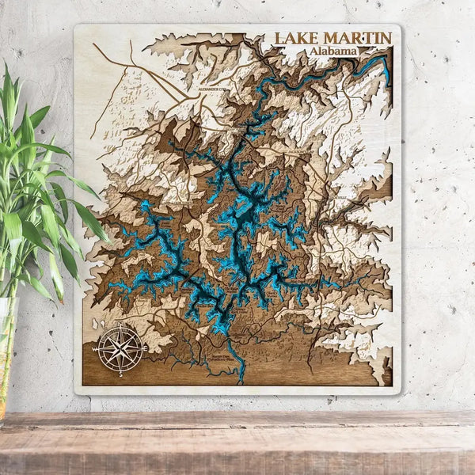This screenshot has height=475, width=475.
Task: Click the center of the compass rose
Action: pos(120,347)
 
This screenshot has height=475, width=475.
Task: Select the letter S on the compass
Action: pos(120,374)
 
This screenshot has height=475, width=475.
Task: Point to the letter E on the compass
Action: pos(146,347)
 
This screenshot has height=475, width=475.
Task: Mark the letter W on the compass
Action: pos(93,348)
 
